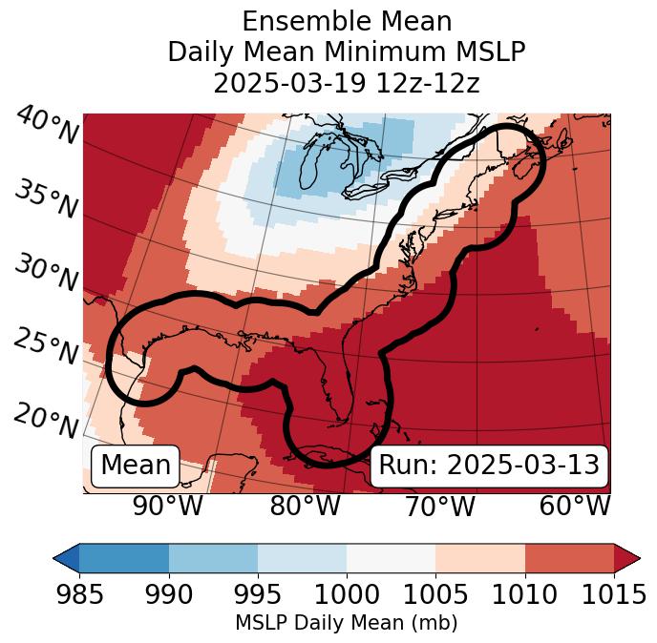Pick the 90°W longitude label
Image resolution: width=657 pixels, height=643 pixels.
tap(167, 506)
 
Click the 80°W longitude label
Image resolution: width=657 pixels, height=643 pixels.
tap(305, 506)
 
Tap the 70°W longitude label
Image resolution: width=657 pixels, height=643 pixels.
tap(438, 506)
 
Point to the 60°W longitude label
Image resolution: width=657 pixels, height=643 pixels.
tap(574, 506)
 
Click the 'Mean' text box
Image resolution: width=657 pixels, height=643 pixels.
tap(136, 466)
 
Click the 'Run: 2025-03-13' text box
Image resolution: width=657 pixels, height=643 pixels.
tap(489, 466)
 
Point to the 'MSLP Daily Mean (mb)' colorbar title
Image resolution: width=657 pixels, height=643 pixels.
tap(346, 624)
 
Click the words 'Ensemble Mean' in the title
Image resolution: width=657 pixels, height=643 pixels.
tap(346, 22)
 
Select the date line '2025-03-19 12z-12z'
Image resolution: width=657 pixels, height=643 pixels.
tap(346, 83)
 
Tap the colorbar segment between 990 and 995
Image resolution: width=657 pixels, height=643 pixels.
tap(213, 557)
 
